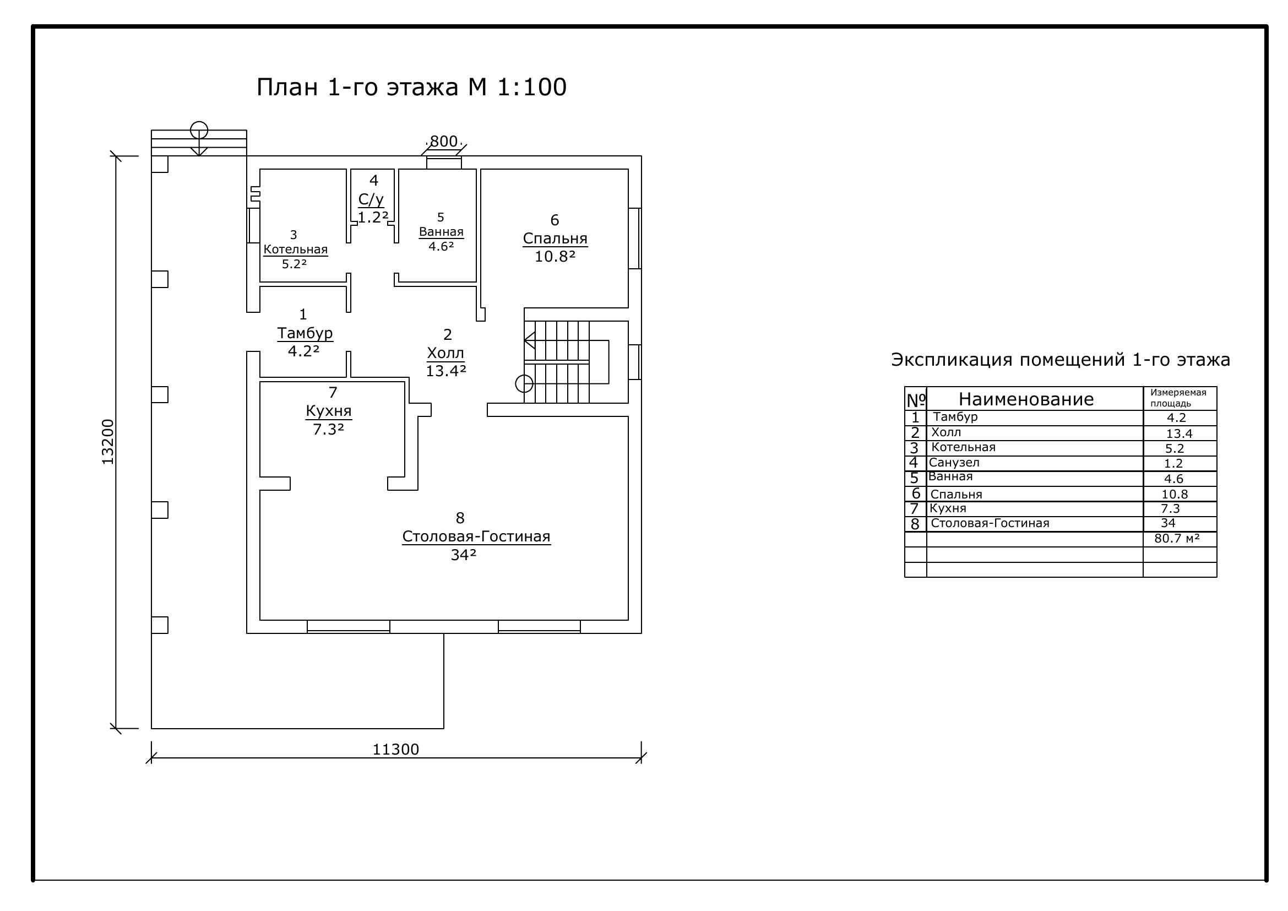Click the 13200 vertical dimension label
[x=108, y=442]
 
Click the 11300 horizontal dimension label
[x=396, y=750]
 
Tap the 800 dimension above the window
[x=444, y=142]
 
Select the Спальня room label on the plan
[x=555, y=238]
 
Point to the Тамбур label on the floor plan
[x=305, y=333]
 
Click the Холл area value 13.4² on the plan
[x=446, y=371]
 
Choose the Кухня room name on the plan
[x=329, y=411]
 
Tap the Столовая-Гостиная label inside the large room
[x=476, y=536]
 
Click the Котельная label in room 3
[x=296, y=249]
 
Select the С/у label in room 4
[x=371, y=199]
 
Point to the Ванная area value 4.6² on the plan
[x=442, y=246]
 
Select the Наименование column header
[x=1026, y=399]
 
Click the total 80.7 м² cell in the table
[x=1177, y=539]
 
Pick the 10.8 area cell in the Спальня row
[x=1175, y=494]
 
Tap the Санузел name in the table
[x=954, y=462]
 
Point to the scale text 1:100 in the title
[x=532, y=88]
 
